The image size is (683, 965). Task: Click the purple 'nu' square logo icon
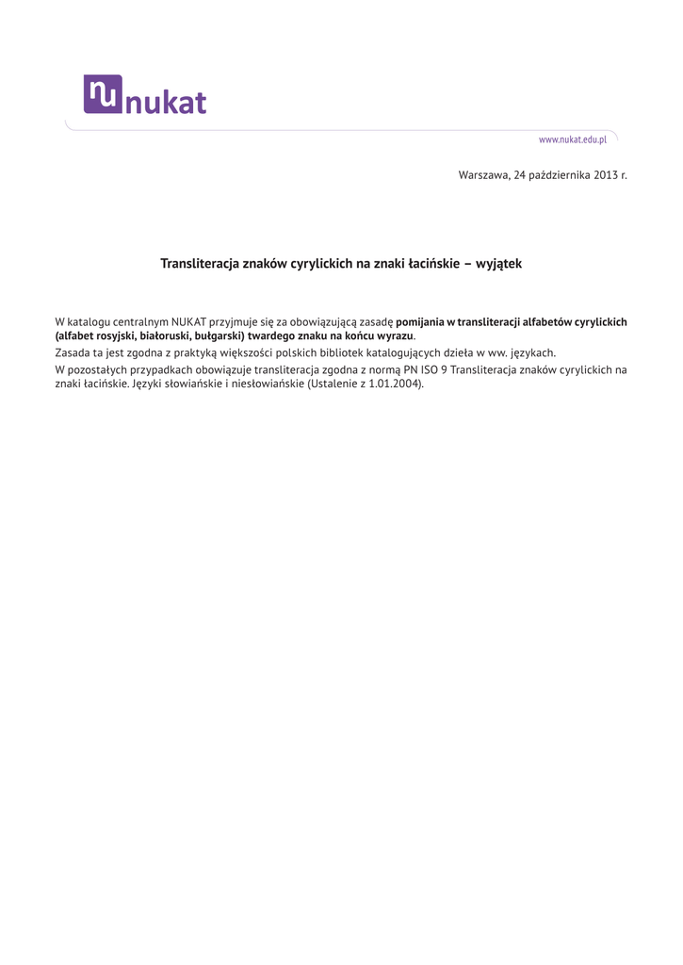coord(103,93)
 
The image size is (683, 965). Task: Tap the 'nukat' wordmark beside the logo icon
coord(166,102)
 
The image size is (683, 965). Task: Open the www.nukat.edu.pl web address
coord(572,139)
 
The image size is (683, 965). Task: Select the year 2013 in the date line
coord(606,175)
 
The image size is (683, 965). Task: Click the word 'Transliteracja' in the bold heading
coord(200,264)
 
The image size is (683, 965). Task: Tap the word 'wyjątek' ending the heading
coord(498,264)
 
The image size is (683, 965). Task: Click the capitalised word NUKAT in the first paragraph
coord(191,321)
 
